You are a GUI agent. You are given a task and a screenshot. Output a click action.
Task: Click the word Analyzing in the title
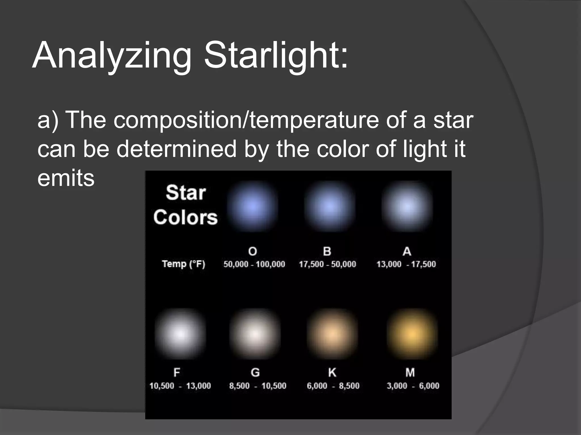112,55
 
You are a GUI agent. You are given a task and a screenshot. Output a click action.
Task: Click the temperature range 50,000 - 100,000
254,264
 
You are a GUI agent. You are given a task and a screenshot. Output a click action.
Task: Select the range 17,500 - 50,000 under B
327,264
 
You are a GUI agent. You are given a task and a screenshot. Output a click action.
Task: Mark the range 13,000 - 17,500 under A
406,264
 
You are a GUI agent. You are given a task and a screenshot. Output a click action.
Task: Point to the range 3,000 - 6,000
413,386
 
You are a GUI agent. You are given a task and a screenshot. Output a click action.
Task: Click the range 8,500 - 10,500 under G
258,386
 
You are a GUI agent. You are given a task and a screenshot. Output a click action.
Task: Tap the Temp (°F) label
184,264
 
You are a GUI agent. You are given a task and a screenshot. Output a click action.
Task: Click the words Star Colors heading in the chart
186,205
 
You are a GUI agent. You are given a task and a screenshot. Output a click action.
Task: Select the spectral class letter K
332,372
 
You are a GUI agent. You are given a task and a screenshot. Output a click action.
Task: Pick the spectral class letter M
410,372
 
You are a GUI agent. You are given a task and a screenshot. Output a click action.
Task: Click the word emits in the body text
66,178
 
